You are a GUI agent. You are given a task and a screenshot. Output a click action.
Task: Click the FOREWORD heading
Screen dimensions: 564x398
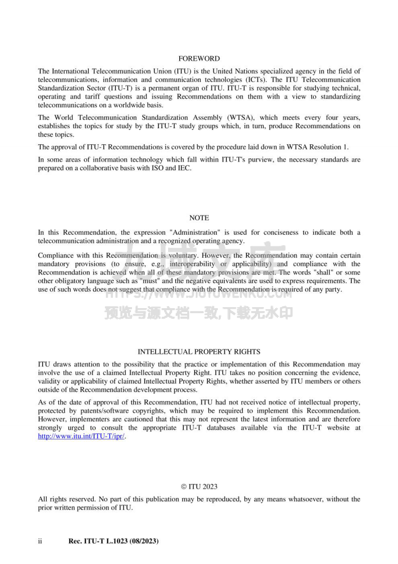coord(199,59)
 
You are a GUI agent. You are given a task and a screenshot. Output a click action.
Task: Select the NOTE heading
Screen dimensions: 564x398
coord(199,218)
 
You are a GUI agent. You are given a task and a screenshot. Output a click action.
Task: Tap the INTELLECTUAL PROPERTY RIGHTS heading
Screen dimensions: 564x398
coord(199,352)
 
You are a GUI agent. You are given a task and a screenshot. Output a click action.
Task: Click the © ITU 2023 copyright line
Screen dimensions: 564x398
coord(199,487)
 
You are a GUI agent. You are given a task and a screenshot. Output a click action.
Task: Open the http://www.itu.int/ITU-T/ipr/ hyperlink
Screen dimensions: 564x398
coord(82,436)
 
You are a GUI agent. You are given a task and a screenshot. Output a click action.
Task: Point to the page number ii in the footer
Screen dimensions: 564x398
coord(41,541)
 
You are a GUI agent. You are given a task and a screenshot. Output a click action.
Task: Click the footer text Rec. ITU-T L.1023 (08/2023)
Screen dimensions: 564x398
coord(113,541)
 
